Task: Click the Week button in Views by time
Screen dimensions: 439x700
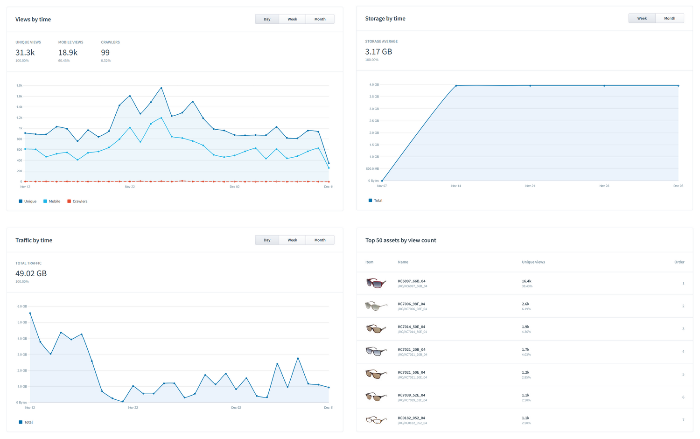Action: (292, 19)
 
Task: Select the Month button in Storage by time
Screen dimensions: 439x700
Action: (669, 18)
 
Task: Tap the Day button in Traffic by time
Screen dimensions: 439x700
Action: (267, 240)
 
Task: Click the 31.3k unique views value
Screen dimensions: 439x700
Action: (25, 53)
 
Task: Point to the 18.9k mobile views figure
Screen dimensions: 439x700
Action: (68, 53)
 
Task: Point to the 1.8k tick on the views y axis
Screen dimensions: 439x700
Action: (19, 85)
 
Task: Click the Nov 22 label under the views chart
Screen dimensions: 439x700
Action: (130, 187)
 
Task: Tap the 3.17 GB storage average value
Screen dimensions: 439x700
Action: (378, 52)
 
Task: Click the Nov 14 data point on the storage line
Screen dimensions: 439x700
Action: (456, 86)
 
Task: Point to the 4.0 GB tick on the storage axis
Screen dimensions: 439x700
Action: (374, 84)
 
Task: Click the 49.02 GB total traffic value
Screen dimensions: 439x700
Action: (31, 274)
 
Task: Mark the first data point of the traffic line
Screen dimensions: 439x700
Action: (30, 314)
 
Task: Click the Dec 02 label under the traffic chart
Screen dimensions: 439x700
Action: (236, 408)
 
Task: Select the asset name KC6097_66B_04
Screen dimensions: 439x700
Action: (412, 281)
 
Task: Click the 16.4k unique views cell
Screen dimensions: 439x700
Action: (526, 281)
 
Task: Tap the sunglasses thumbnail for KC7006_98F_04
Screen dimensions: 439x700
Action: (376, 306)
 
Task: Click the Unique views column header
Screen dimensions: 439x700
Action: (533, 262)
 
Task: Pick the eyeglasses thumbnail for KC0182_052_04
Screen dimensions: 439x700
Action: (376, 420)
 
